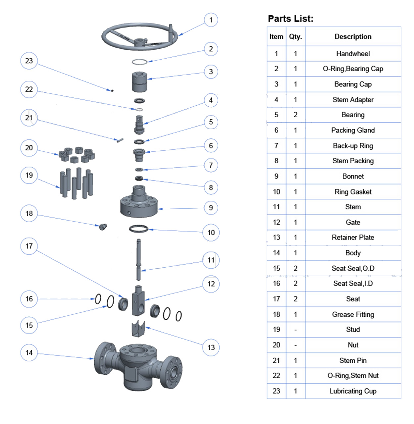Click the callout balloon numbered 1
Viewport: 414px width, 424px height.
pyautogui.click(x=211, y=20)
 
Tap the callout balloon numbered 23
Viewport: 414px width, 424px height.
pyautogui.click(x=29, y=61)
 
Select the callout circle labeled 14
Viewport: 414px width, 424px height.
pyautogui.click(x=29, y=353)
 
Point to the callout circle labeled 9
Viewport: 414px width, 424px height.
pyautogui.click(x=211, y=208)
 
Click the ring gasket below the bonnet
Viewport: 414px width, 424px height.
pyautogui.click(x=139, y=229)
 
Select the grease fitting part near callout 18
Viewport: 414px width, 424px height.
pyautogui.click(x=103, y=227)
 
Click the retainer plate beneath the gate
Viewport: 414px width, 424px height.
pyautogui.click(x=138, y=328)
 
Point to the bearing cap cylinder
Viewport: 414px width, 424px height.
pyautogui.click(x=139, y=81)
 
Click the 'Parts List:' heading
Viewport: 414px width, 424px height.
pyautogui.click(x=290, y=19)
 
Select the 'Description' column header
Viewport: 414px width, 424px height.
pyautogui.click(x=353, y=37)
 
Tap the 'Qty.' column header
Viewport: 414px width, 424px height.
pyautogui.click(x=295, y=37)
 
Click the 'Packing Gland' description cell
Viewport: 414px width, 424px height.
pyautogui.click(x=353, y=130)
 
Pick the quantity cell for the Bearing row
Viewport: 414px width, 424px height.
pyautogui.click(x=295, y=115)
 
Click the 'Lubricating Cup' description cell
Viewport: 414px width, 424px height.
pyautogui.click(x=353, y=391)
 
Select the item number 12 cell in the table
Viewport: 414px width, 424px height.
pyautogui.click(x=276, y=222)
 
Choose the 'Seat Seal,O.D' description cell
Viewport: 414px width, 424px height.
pyautogui.click(x=353, y=268)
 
